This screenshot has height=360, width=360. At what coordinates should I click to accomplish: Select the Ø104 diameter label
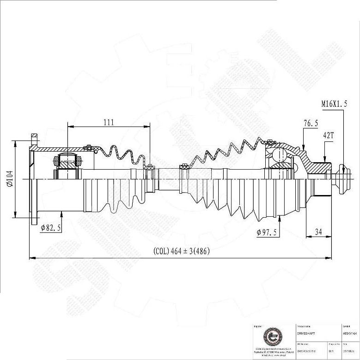click(9, 178)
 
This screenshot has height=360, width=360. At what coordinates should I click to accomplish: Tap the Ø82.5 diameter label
click(51, 228)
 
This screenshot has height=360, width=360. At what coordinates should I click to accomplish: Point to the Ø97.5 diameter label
click(267, 232)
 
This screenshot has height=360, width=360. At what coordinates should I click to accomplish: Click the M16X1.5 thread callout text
click(334, 104)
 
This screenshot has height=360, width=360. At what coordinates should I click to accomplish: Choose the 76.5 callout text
click(311, 123)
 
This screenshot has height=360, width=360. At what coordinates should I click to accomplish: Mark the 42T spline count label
click(329, 136)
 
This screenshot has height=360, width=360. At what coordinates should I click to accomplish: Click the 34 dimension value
click(318, 232)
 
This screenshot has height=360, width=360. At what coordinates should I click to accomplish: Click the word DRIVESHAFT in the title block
click(306, 332)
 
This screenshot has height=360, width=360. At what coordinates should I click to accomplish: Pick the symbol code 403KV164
click(350, 332)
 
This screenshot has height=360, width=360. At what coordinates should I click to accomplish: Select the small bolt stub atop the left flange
click(34, 139)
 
